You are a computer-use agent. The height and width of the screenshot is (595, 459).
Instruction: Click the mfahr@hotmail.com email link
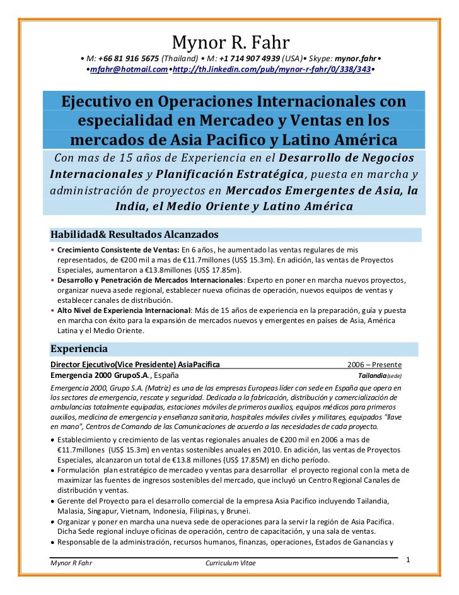click(x=128, y=69)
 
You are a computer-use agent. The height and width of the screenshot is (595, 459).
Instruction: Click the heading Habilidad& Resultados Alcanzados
click(x=134, y=235)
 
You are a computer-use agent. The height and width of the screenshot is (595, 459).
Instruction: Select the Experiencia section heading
click(x=79, y=349)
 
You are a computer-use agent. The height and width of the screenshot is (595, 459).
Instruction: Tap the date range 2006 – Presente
click(x=375, y=365)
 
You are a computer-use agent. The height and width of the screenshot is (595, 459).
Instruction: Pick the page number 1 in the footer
click(x=408, y=560)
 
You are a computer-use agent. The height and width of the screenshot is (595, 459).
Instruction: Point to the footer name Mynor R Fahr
click(x=71, y=563)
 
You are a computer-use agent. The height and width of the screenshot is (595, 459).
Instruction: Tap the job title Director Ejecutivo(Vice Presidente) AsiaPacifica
click(x=135, y=365)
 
